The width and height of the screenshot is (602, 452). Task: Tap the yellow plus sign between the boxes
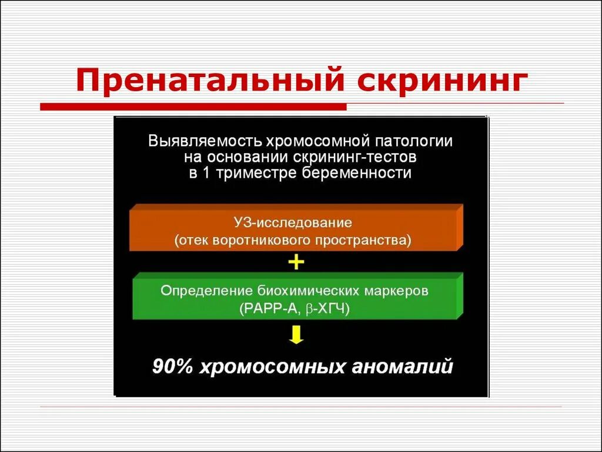(296, 262)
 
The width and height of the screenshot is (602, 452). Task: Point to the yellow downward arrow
(296, 335)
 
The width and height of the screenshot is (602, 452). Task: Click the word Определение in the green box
(208, 291)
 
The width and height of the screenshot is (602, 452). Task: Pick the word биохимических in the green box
(306, 291)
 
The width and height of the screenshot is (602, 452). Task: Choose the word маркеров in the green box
(396, 291)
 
